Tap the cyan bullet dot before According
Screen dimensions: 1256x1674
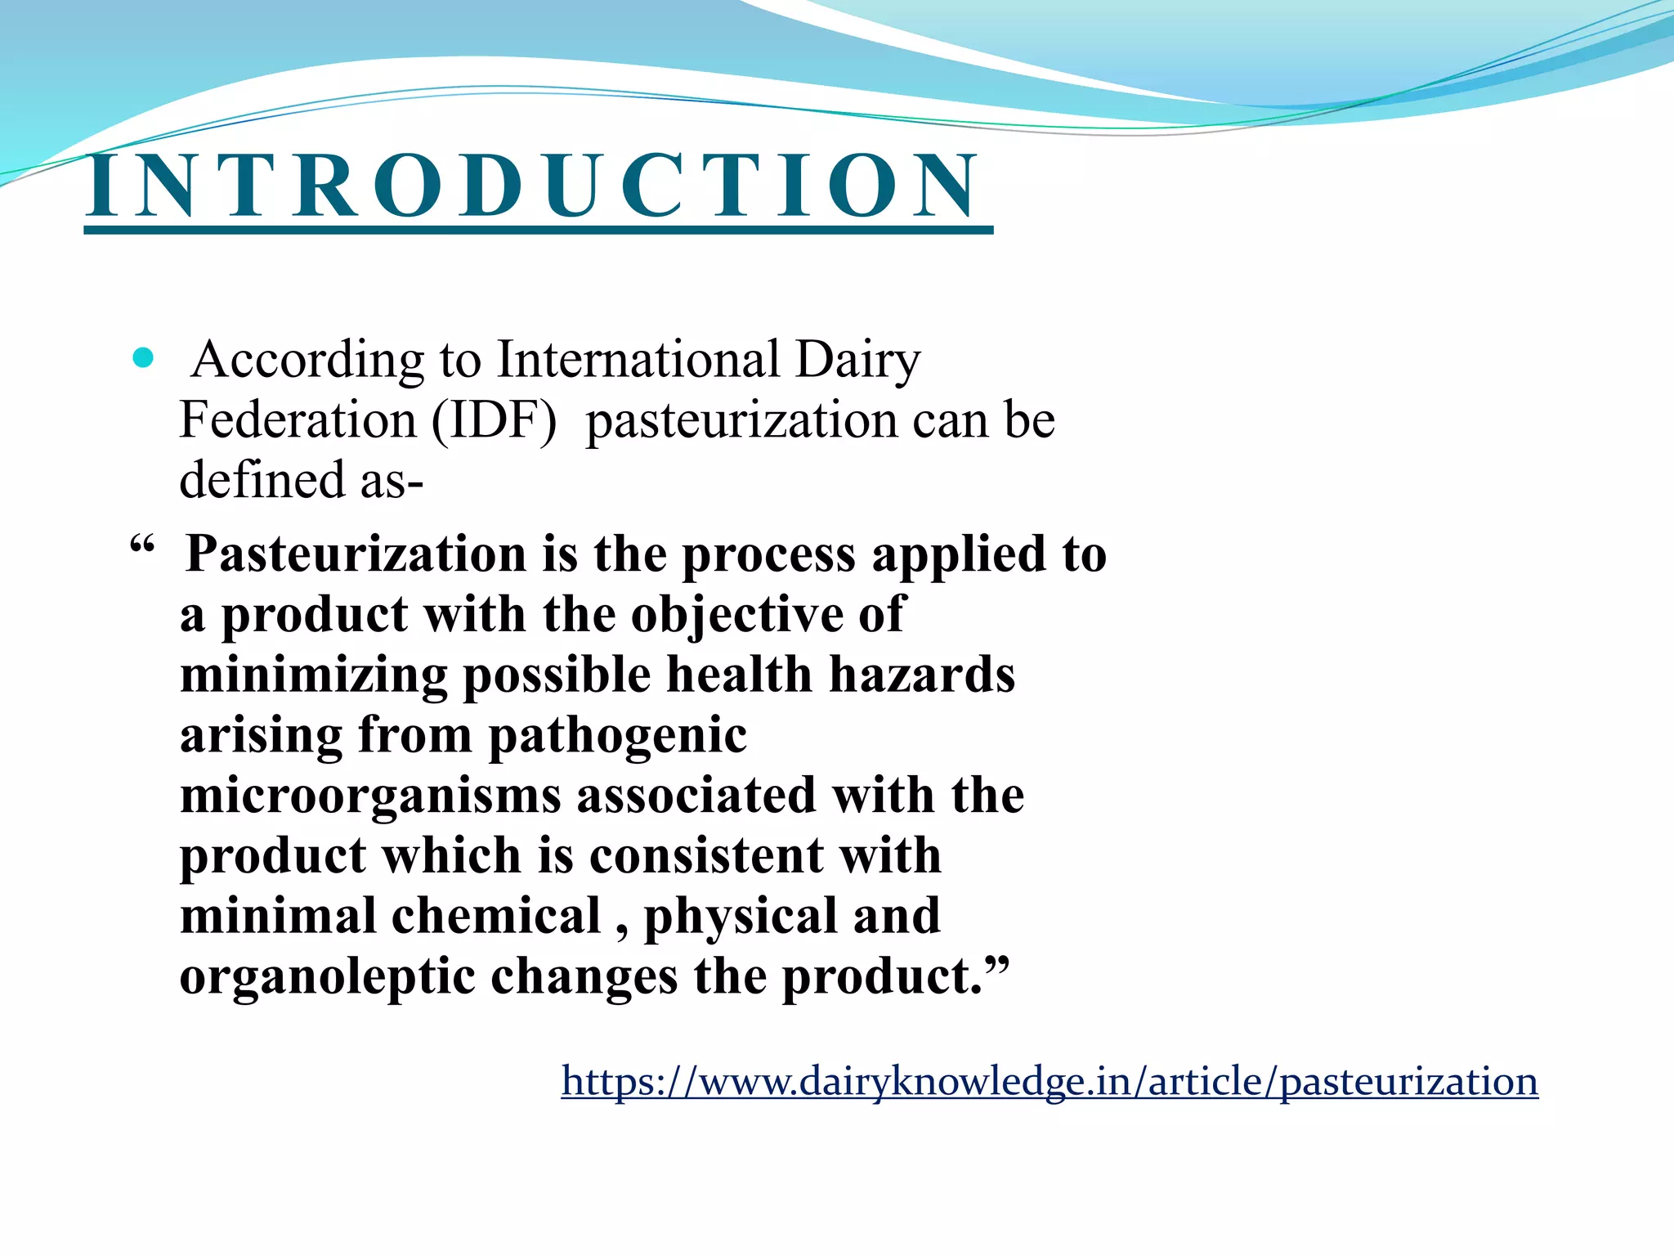(x=143, y=358)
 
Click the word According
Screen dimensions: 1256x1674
(x=307, y=360)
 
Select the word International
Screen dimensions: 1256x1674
(x=638, y=360)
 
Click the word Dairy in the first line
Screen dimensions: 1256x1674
(x=857, y=360)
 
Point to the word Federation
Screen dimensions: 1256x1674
(x=298, y=420)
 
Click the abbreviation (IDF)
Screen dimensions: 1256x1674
(x=494, y=420)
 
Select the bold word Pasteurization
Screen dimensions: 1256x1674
(x=356, y=554)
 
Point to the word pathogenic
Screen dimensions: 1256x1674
(x=617, y=736)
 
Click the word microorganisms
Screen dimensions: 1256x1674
(x=370, y=796)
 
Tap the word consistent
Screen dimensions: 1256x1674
(x=706, y=856)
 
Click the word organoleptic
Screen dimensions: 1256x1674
(x=327, y=977)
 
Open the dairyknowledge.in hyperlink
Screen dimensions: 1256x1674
(x=1050, y=1081)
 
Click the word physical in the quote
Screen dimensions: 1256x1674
(x=740, y=917)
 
